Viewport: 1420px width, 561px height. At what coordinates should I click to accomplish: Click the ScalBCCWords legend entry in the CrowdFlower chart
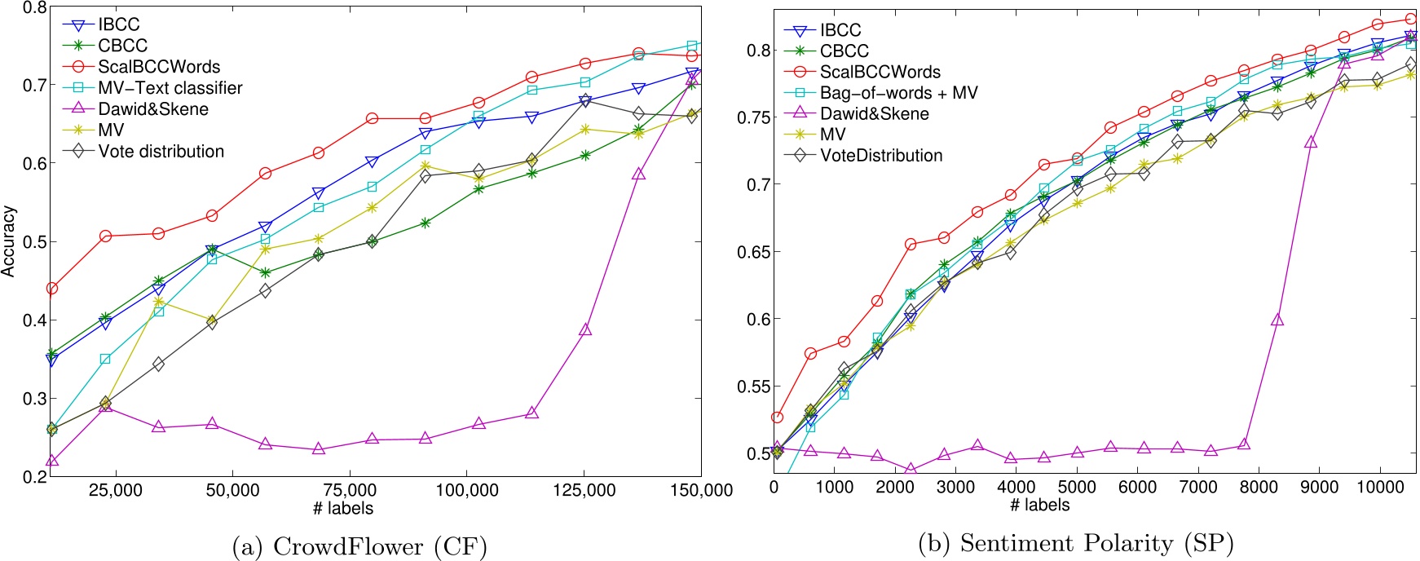click(x=158, y=67)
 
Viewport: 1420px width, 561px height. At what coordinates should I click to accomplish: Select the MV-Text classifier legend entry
click(x=170, y=88)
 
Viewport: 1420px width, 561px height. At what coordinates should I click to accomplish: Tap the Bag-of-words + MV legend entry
click(x=897, y=93)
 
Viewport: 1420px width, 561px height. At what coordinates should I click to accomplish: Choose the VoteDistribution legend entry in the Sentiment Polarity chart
click(x=880, y=156)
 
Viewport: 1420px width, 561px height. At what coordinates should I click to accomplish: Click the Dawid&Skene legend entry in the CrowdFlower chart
click(x=152, y=109)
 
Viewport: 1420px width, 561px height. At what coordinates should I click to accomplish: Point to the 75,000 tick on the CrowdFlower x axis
click(x=350, y=490)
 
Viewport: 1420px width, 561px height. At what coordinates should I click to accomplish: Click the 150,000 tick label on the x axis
click(x=701, y=490)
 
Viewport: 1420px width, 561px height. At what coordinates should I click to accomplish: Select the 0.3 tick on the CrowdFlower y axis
click(x=33, y=399)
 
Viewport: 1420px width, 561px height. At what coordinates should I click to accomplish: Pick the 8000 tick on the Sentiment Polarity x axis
click(x=1258, y=487)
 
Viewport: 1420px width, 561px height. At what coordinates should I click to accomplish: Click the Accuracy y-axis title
click(x=9, y=241)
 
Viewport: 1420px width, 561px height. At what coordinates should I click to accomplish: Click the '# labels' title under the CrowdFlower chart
click(x=343, y=509)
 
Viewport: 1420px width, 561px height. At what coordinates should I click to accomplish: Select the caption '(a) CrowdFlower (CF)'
click(x=359, y=546)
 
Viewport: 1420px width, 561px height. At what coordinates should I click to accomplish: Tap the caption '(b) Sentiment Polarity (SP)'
click(x=1076, y=543)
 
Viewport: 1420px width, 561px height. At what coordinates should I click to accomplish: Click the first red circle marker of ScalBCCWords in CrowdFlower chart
click(x=52, y=289)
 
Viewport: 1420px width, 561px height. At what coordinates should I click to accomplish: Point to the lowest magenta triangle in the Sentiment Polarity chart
click(x=911, y=471)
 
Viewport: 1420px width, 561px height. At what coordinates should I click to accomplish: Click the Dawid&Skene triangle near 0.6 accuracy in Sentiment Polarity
click(x=1277, y=320)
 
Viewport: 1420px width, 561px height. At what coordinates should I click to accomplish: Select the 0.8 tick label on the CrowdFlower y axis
click(x=33, y=8)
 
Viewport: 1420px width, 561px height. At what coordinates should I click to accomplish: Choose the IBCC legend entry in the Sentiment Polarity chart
click(x=840, y=30)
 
